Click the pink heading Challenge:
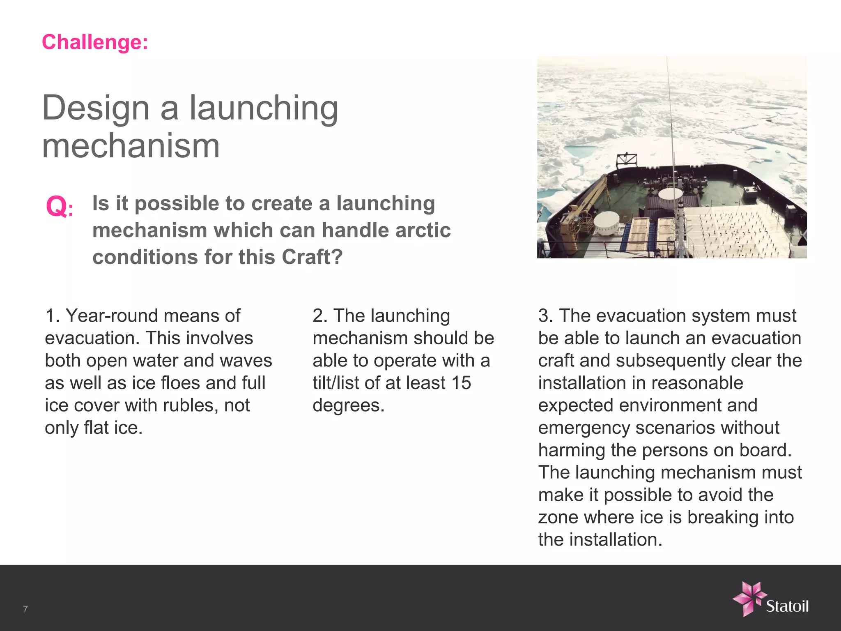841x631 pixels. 95,42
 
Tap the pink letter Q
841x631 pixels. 56,206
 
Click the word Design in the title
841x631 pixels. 95,108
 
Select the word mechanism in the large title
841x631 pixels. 131,146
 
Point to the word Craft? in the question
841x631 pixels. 312,257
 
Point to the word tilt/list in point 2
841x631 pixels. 335,383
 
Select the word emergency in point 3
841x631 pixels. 584,428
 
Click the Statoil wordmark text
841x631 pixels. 787,606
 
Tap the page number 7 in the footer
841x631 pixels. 25,609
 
